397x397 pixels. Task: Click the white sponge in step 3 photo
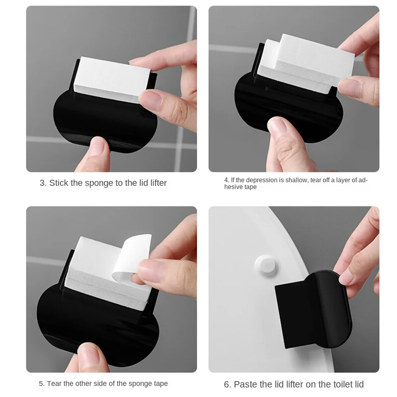click(111, 79)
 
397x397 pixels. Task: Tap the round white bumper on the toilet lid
click(266, 265)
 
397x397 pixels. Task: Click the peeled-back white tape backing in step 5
click(132, 258)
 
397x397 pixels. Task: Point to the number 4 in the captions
click(226, 180)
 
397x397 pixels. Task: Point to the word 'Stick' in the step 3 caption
click(59, 183)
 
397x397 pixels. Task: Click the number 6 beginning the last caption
click(227, 384)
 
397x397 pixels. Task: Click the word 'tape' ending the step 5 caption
click(160, 384)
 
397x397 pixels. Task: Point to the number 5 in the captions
click(41, 383)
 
